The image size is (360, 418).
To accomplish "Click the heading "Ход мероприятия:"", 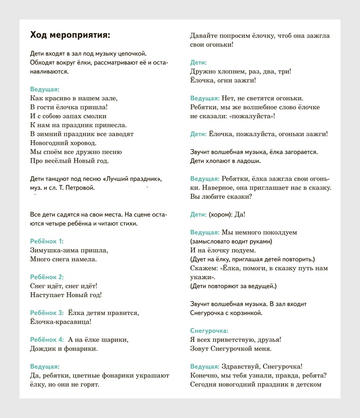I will [70, 35].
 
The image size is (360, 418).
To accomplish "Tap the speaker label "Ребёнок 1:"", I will [47, 241].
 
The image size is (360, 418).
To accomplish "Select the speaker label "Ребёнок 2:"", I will [47, 277].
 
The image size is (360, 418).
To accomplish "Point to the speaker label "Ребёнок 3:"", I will [47, 313].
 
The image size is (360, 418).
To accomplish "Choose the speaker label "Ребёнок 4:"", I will [47, 339].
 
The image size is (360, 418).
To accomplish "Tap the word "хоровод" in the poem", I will [80, 143].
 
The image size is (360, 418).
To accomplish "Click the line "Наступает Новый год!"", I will [65, 295].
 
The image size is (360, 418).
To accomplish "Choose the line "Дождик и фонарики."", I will [63, 349].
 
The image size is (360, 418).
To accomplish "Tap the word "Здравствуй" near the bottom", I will [240, 367].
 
